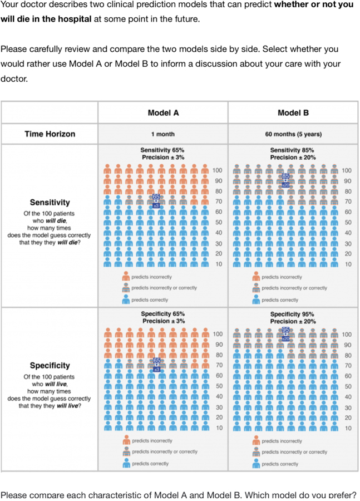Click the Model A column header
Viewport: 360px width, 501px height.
tap(163, 112)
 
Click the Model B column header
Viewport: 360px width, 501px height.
tap(293, 112)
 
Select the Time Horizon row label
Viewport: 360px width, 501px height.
tap(50, 134)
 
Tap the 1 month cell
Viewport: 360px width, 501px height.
tap(162, 134)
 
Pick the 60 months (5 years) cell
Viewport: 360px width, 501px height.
tap(293, 134)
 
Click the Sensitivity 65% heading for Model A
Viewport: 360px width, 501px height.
tap(162, 150)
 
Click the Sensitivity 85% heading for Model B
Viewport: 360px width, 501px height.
tap(292, 150)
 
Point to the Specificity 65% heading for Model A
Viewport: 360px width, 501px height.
tap(162, 315)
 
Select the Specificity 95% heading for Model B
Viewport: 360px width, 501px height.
tap(292, 315)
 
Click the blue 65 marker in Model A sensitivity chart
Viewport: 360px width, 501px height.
tap(156, 197)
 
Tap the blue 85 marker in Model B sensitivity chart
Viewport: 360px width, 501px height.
tap(286, 176)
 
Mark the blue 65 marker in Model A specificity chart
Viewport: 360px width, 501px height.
tap(156, 361)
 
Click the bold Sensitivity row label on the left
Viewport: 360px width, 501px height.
tap(50, 202)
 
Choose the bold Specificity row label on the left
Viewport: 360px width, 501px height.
tap(50, 366)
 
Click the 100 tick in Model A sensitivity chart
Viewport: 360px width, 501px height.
tap(218, 170)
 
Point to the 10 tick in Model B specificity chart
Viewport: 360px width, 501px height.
tap(347, 428)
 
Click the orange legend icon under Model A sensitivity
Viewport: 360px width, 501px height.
tap(127, 277)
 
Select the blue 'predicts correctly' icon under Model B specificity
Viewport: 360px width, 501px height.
tap(257, 464)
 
